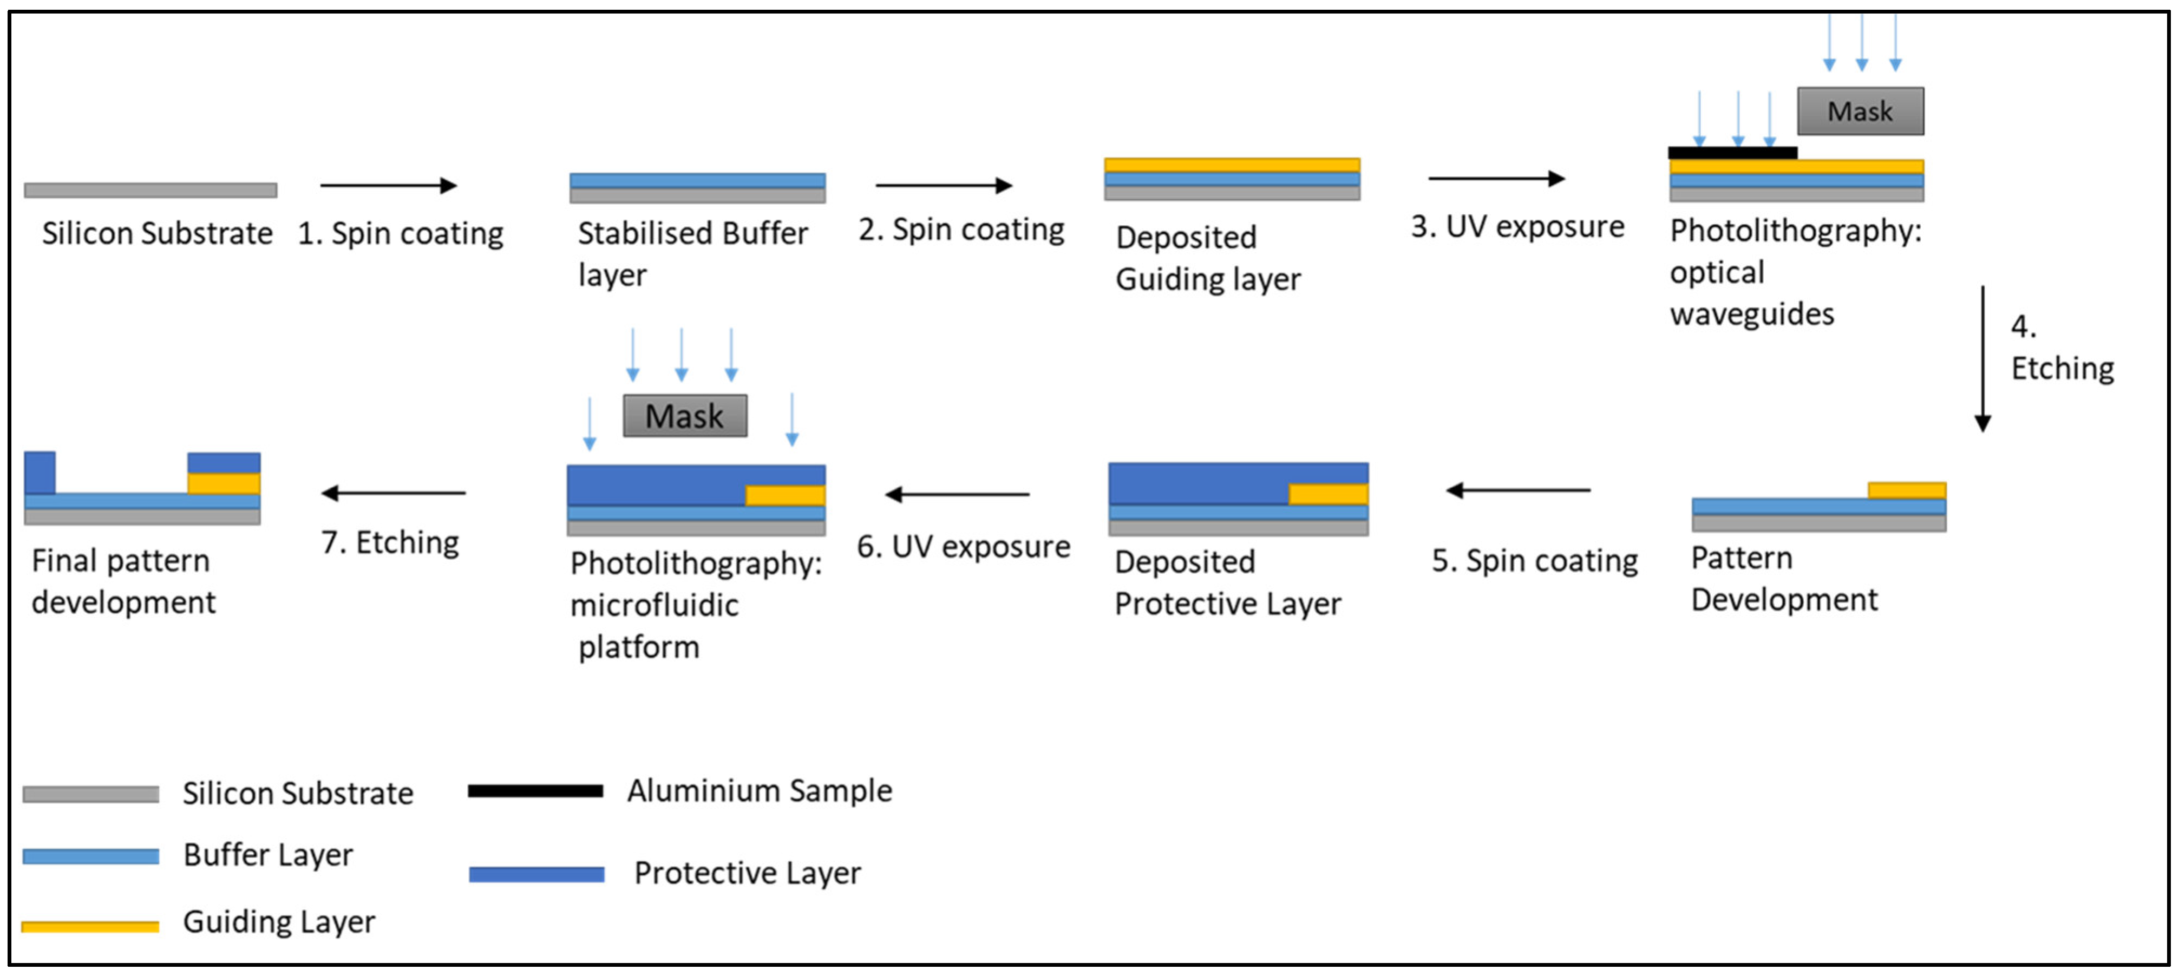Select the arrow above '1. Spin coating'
388,185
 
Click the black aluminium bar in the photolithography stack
1731,152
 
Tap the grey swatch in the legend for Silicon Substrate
90,794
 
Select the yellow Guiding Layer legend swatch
90,926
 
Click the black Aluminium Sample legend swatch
535,791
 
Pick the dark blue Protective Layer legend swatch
536,874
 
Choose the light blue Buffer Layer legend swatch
90,856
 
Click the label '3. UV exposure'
1517,227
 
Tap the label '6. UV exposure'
964,546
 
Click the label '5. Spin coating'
1534,561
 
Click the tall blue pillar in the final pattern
40,472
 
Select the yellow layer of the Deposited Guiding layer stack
1232,165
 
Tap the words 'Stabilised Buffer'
692,233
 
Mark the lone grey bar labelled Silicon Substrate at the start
150,191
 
